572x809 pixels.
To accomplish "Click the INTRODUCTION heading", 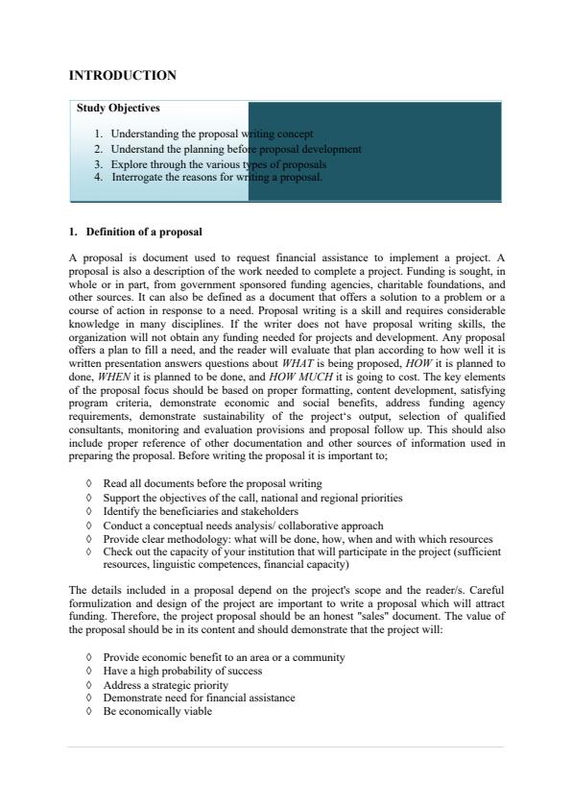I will (x=123, y=75).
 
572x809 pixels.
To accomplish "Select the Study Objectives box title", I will (x=118, y=109).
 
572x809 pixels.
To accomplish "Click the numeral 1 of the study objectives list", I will (x=98, y=134).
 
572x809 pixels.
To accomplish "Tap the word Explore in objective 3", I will (x=130, y=164).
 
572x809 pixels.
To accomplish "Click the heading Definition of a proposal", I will (x=144, y=232).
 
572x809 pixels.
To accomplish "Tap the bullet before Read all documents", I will (x=88, y=483).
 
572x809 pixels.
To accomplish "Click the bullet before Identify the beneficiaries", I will (x=88, y=511).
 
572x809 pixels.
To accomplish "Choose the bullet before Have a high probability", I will (x=88, y=671).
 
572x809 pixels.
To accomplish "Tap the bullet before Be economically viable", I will (x=88, y=712).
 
